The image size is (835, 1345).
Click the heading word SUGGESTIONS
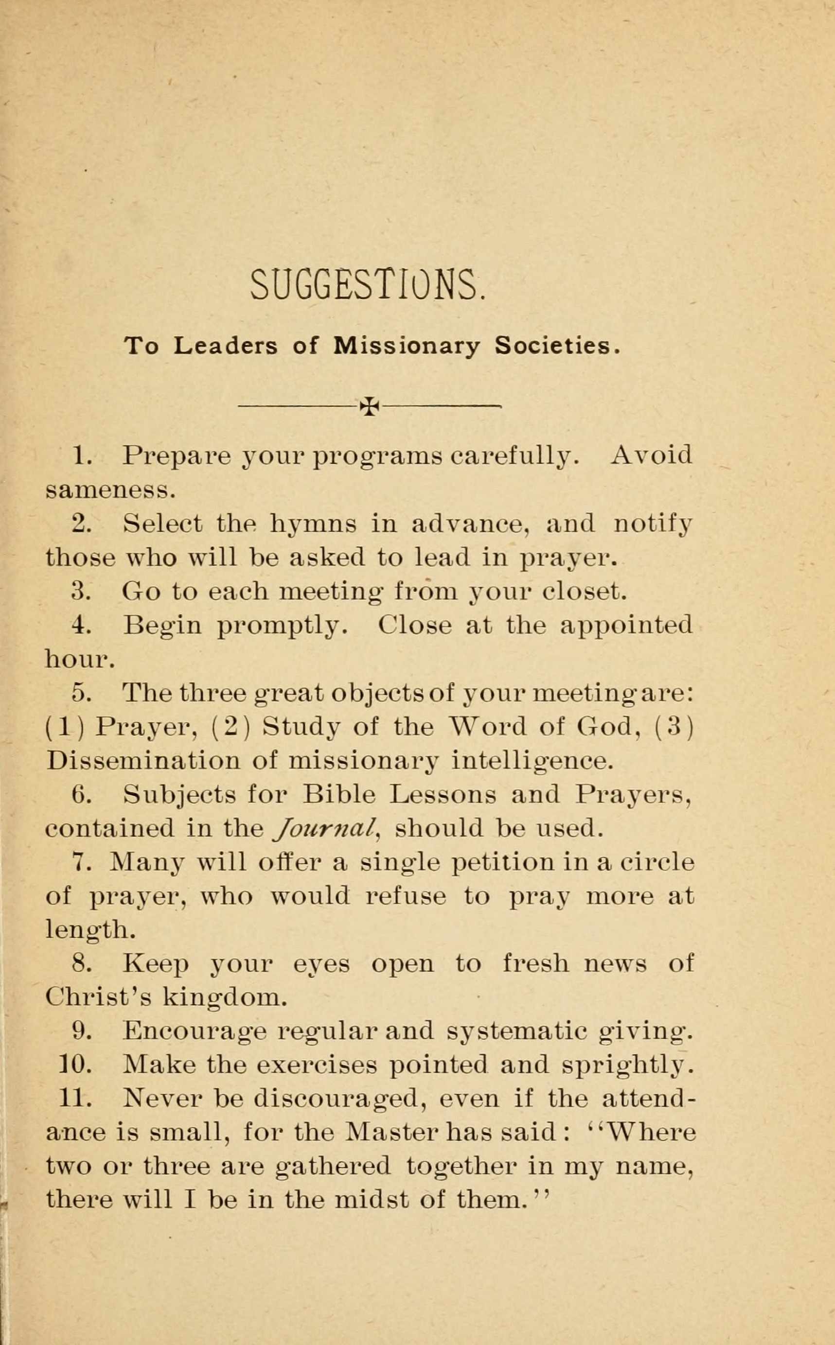coord(368,285)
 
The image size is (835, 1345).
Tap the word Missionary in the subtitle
coord(407,346)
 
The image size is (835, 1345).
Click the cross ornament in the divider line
coord(370,407)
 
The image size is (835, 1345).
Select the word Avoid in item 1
coord(651,456)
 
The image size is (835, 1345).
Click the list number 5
coord(81,693)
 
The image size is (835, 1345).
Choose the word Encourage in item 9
coord(195,1031)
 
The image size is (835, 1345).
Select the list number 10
coord(75,1065)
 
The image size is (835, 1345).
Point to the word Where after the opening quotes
coord(652,1133)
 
